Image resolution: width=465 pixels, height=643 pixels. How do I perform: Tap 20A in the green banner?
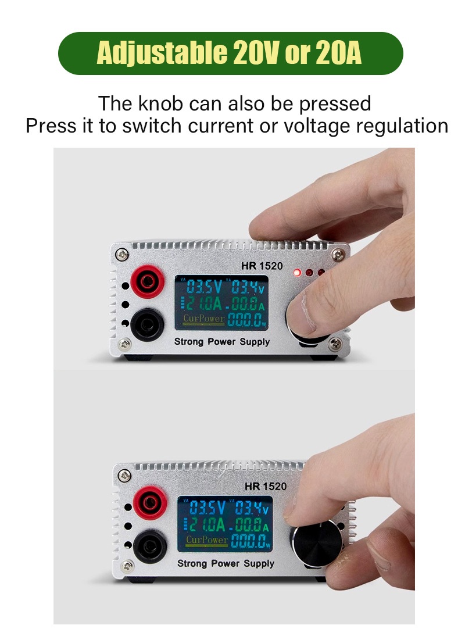point(338,53)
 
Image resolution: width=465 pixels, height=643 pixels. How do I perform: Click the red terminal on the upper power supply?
point(148,281)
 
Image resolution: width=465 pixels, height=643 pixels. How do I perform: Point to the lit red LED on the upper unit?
point(297,272)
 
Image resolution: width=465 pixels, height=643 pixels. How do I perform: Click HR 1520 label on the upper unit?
point(262,266)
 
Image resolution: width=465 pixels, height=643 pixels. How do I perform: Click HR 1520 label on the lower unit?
point(266,487)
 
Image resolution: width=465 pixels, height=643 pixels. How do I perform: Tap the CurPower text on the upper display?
point(204,319)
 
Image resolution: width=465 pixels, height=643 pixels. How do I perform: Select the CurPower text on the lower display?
point(207,540)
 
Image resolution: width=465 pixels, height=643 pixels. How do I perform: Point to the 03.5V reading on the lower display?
point(207,508)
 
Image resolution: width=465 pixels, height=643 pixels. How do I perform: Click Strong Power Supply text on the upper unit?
point(222,342)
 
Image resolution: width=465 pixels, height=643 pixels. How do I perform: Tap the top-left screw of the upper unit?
point(122,255)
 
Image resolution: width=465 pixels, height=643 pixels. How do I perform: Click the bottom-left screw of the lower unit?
point(127,566)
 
